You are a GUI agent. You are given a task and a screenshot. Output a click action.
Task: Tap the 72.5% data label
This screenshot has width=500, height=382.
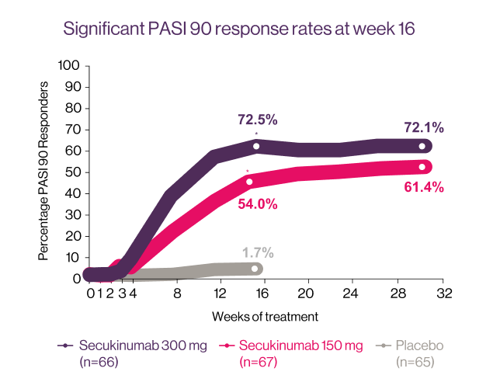coord(257,120)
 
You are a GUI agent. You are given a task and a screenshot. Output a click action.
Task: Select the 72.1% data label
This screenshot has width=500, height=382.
coord(424,127)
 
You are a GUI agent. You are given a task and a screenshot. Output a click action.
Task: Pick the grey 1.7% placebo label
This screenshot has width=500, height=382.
coord(257,252)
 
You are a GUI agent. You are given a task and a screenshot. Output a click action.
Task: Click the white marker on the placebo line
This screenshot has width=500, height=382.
coord(255,269)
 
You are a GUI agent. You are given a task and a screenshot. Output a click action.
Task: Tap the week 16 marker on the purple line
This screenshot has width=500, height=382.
coord(255,146)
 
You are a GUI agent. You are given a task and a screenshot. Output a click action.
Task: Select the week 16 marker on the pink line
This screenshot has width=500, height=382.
coord(249,182)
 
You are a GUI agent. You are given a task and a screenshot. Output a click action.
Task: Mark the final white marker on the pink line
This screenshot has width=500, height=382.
coord(422,167)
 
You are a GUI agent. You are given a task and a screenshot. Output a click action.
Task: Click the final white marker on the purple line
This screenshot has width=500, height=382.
coord(422,146)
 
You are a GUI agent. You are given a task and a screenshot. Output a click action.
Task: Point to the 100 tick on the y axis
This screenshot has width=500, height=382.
coord(70,66)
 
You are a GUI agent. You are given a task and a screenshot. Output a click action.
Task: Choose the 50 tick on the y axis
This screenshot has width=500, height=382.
coord(72,172)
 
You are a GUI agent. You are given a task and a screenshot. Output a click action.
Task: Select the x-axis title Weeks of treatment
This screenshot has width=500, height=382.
coord(265,317)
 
